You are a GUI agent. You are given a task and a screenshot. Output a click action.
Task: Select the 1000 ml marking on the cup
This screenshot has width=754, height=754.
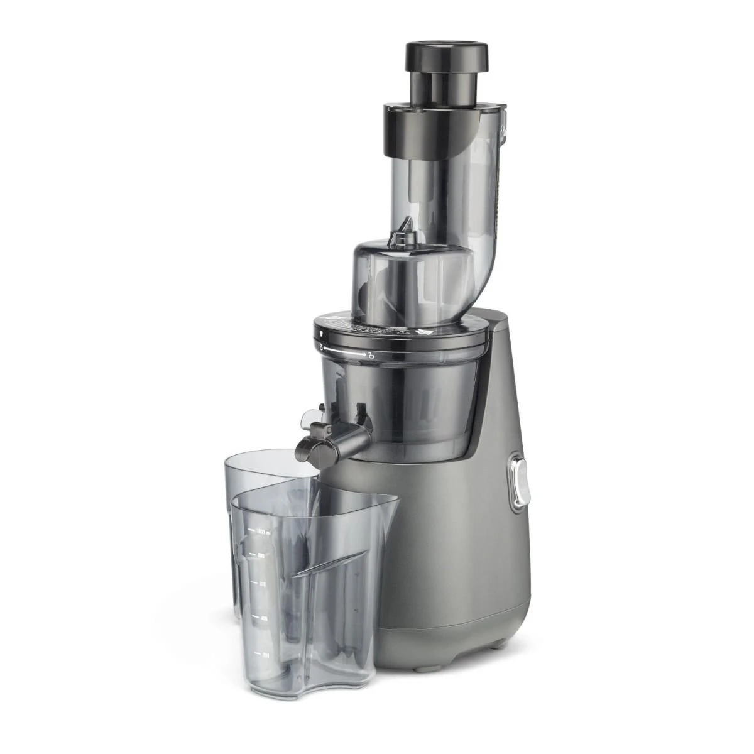tap(260, 532)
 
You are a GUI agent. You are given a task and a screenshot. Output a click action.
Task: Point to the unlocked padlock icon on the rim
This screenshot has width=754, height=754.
tap(322, 347)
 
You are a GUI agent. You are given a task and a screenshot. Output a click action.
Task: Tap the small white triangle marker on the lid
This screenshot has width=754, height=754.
tap(322, 329)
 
